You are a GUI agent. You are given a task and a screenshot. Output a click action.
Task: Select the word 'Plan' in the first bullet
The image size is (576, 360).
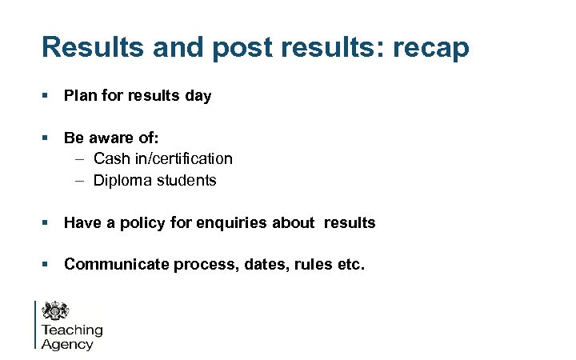tap(80, 96)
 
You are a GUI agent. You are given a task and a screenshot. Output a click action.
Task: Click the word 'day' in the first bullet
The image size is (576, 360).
tap(198, 96)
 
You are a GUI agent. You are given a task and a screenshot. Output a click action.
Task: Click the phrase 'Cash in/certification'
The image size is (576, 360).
tap(163, 159)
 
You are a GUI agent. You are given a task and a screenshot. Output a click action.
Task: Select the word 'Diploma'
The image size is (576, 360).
tap(121, 181)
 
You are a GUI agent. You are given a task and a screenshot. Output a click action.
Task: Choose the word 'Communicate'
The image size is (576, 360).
tap(112, 264)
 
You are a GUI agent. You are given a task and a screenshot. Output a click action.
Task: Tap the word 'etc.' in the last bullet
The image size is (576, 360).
tap(350, 264)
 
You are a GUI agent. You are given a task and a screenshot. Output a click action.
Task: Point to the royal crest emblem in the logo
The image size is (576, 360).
tap(56, 311)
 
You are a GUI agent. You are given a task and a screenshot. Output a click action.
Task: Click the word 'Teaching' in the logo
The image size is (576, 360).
tap(72, 330)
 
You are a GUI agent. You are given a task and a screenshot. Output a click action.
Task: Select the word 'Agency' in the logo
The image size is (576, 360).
tap(67, 345)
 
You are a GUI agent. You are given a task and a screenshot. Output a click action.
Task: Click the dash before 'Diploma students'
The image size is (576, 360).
tap(81, 181)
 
